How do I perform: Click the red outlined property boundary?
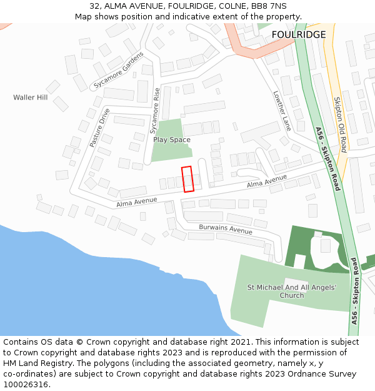187,179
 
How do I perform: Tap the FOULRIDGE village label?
299,34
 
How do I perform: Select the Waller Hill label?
30,98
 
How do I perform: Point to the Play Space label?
171,140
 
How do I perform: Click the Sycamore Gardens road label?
114,78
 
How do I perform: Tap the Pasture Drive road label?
99,128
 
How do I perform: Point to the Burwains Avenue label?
226,230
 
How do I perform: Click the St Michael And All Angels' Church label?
292,292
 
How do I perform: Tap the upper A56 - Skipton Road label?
327,159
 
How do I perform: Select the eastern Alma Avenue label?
267,181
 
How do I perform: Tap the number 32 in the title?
94,6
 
